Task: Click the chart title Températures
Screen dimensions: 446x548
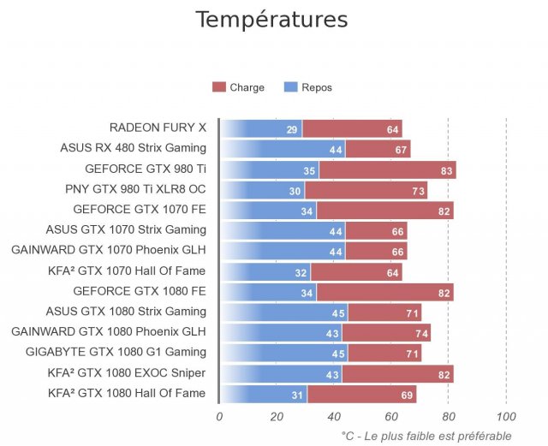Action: click(271, 20)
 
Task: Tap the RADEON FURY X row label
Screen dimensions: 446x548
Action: click(158, 128)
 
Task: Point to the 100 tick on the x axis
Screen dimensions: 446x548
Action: click(506, 417)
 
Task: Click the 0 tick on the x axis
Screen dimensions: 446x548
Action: click(219, 417)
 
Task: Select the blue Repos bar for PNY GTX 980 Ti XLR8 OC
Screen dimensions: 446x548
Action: click(262, 190)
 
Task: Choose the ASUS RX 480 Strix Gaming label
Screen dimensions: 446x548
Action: click(133, 148)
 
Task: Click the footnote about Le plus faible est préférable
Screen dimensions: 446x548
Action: click(426, 436)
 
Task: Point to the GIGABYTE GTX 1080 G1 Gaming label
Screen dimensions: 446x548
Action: click(116, 352)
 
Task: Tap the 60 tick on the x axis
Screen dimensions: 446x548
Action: click(391, 417)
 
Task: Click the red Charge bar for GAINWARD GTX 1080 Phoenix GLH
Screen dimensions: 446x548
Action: click(385, 333)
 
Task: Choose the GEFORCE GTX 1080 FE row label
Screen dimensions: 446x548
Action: click(140, 290)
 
